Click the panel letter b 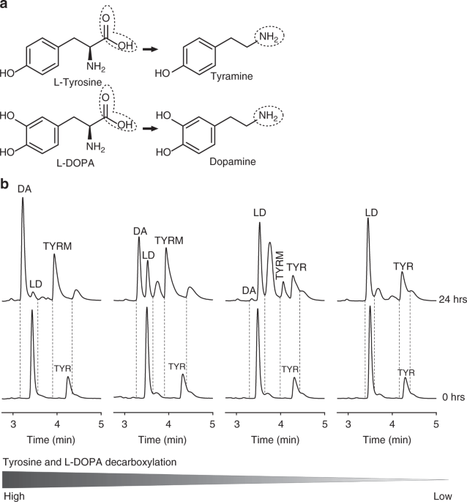[6, 185]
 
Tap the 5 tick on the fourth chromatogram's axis [436, 424]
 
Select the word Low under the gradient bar [443, 496]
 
